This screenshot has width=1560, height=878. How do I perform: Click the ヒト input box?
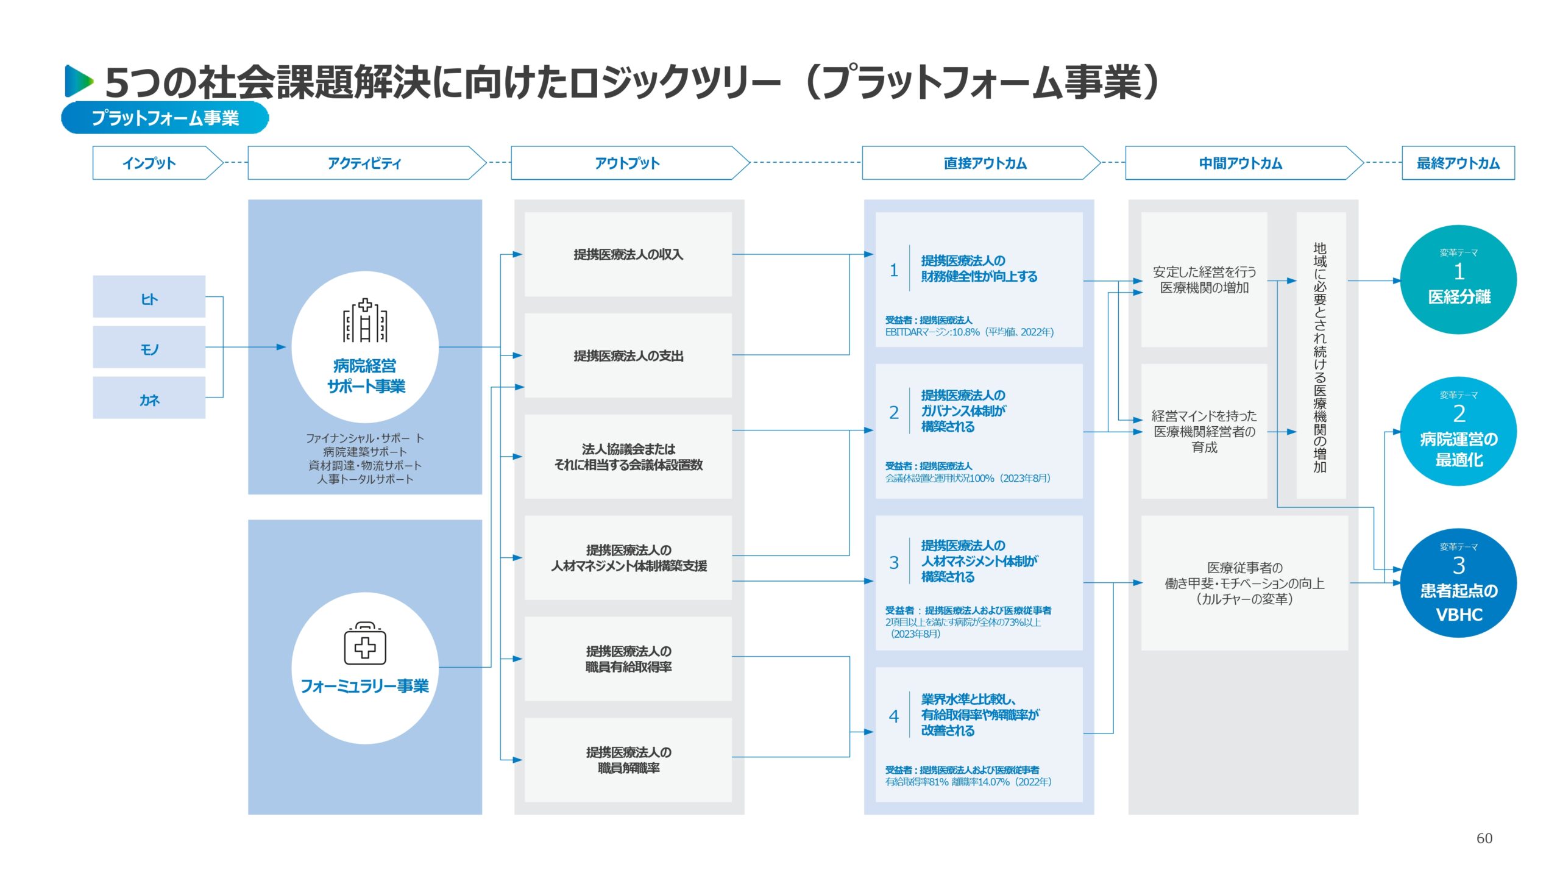tap(149, 297)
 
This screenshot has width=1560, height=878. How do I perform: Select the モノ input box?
tap(149, 348)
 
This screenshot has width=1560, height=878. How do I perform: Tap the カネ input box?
tap(149, 398)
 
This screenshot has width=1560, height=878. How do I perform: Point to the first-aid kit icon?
tap(365, 644)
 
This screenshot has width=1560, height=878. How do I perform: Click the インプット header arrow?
tap(157, 163)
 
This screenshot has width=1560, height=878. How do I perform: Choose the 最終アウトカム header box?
tap(1458, 163)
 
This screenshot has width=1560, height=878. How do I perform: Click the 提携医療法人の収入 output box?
tap(628, 254)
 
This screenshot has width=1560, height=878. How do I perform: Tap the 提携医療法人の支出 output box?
tap(628, 355)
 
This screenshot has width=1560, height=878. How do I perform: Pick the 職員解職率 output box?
tap(628, 760)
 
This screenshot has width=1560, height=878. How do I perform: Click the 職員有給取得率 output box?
tap(628, 659)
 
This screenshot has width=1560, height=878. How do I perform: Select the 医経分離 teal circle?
tap(1458, 280)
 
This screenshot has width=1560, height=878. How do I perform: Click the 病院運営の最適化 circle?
tap(1458, 431)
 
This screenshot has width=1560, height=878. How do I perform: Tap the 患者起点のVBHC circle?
tap(1458, 583)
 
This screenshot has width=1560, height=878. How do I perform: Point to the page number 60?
tap(1484, 838)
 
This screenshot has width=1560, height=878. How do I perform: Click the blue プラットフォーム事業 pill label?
tap(165, 118)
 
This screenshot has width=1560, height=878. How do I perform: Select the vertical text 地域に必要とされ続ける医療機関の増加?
tap(1320, 357)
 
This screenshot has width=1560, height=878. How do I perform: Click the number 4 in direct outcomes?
tap(893, 716)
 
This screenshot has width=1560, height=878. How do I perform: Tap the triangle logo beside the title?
tap(79, 81)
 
